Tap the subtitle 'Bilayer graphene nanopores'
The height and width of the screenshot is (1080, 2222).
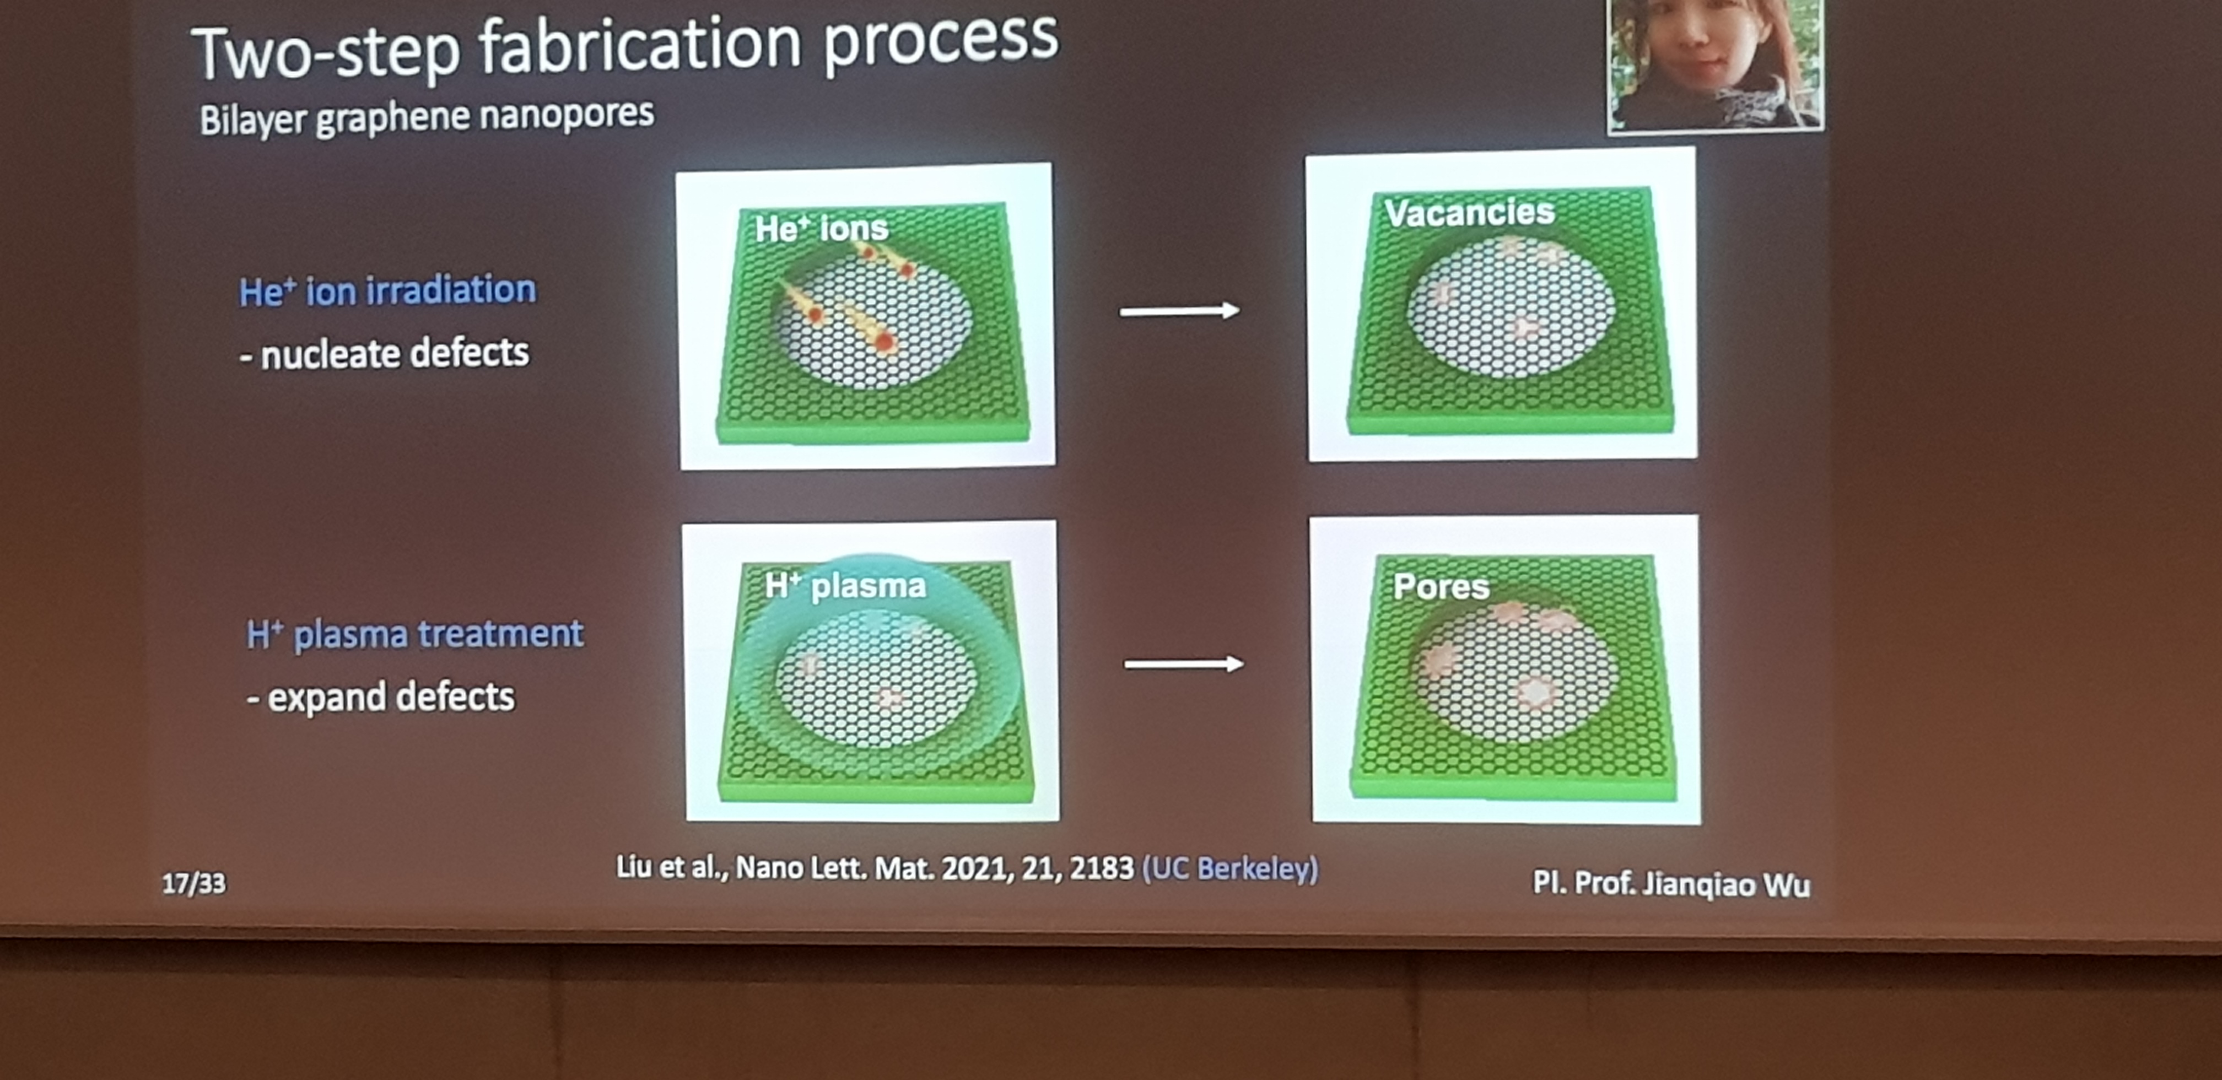[x=427, y=117]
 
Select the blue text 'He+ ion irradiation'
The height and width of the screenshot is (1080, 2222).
[x=387, y=291]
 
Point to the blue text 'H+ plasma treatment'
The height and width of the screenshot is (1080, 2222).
[x=415, y=635]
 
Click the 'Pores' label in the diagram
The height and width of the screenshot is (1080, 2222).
[x=1441, y=587]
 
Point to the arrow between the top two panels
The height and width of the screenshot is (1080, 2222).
[x=1179, y=311]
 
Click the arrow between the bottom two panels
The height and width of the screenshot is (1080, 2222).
[x=1183, y=663]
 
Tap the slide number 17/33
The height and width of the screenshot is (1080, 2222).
[x=194, y=883]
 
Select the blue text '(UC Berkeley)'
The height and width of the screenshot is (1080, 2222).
[x=1230, y=868]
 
